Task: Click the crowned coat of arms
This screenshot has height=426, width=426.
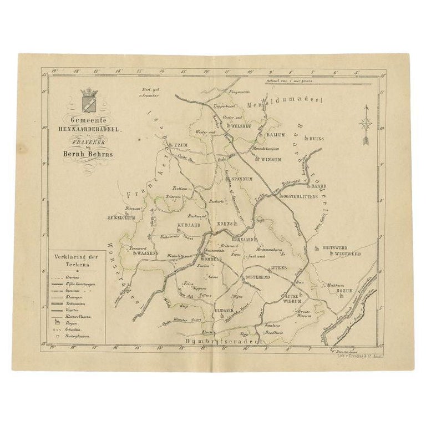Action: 89,99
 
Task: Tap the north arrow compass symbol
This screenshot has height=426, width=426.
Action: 364,125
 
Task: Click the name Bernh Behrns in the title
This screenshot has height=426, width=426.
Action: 90,155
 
